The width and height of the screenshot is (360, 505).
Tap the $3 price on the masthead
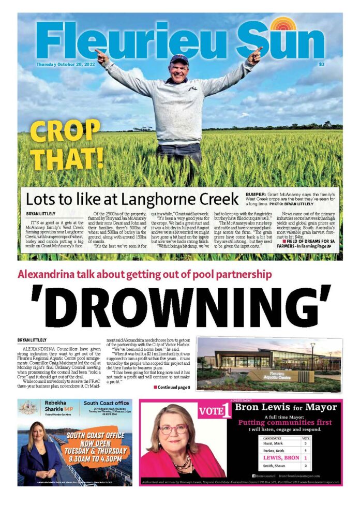(x=322, y=65)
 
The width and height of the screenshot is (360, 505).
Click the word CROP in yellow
(x=65, y=132)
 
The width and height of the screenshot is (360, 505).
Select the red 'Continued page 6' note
(x=172, y=387)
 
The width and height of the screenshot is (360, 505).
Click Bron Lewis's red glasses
(x=174, y=429)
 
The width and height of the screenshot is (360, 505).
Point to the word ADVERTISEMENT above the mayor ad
(x=241, y=400)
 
